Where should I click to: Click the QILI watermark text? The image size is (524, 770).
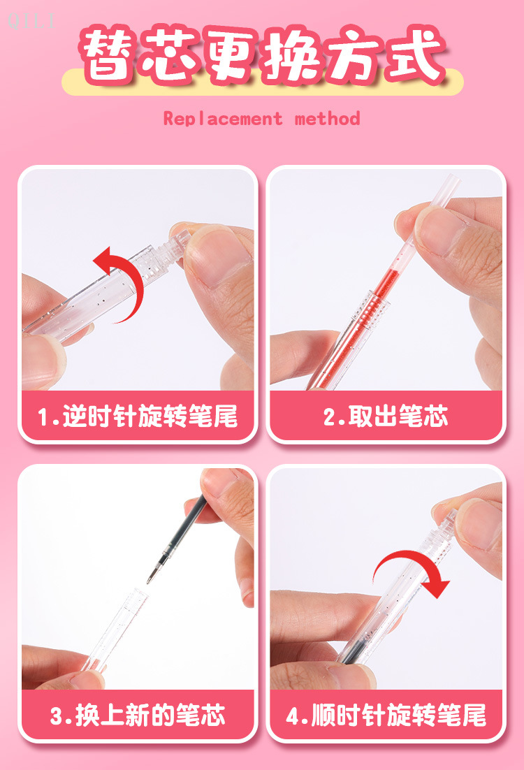point(31,21)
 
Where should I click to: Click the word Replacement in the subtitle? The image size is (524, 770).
point(223,119)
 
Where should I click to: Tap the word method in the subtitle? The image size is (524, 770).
point(328,119)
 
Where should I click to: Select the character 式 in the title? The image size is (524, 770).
point(415,53)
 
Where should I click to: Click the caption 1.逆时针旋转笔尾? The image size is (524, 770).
point(138,416)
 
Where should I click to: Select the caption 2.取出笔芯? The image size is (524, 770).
point(386,416)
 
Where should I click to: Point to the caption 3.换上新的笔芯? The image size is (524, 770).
point(138,715)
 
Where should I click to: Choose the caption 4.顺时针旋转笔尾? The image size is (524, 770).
point(386,715)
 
